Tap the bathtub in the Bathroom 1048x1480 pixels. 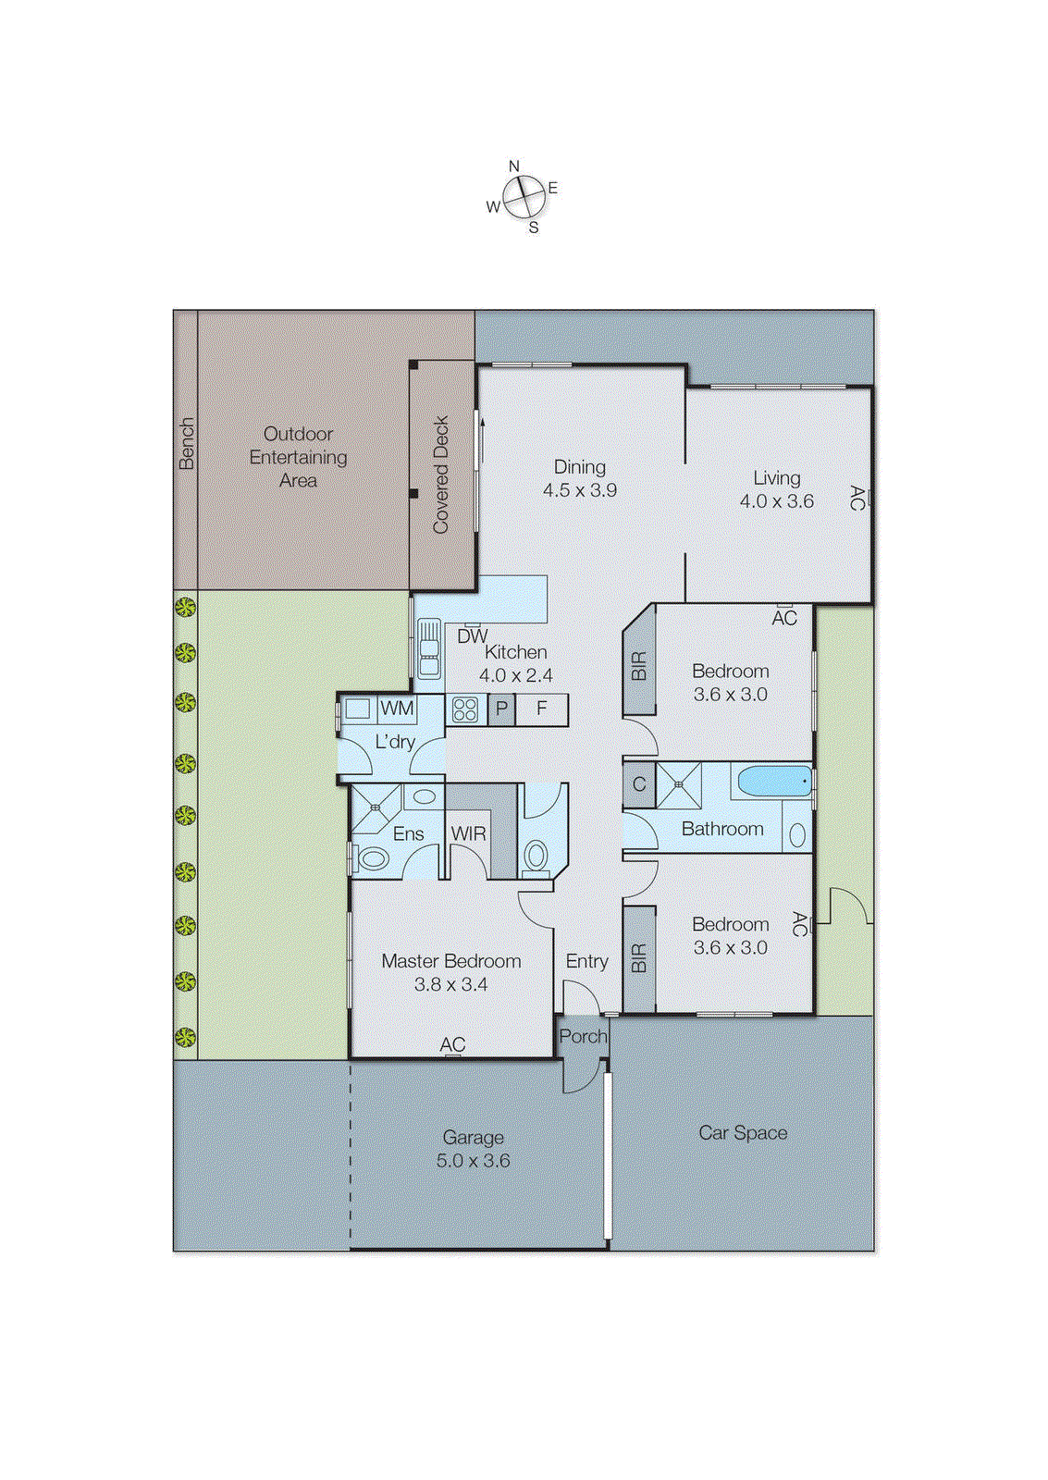(774, 782)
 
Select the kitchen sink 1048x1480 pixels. (428, 648)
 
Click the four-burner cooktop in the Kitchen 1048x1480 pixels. (465, 709)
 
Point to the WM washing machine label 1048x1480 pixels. (397, 709)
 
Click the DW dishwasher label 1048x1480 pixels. (472, 636)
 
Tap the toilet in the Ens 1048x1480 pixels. (373, 858)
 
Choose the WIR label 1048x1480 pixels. (468, 833)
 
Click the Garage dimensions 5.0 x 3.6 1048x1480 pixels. (473, 1161)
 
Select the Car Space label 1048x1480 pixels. (743, 1132)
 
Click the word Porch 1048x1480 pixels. (583, 1037)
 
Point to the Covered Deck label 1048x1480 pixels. (441, 475)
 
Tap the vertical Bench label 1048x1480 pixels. (186, 444)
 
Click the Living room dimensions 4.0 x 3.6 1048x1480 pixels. (776, 501)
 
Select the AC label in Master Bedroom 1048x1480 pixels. (452, 1044)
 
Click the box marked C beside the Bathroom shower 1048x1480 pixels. (638, 785)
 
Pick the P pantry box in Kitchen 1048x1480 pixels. (501, 709)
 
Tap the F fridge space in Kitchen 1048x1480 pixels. (542, 709)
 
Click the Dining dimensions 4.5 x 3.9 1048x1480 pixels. (579, 490)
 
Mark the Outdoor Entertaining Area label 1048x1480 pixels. (298, 457)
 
